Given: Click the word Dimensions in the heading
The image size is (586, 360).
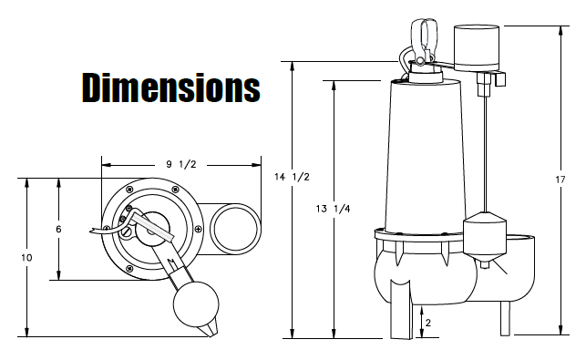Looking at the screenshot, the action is pyautogui.click(x=170, y=87).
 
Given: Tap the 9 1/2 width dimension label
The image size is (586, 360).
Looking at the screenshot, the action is pyautogui.click(x=181, y=164).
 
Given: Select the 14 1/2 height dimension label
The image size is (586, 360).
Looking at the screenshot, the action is pyautogui.click(x=292, y=177).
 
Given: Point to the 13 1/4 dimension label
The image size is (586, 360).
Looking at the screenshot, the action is pyautogui.click(x=333, y=209).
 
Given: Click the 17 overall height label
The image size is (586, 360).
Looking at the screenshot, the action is pyautogui.click(x=560, y=180).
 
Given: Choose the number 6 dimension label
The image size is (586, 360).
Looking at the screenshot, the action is pyautogui.click(x=58, y=229).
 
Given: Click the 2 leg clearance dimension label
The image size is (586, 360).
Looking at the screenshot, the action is pyautogui.click(x=428, y=323).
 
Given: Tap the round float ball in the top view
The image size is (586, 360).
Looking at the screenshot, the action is pyautogui.click(x=196, y=303).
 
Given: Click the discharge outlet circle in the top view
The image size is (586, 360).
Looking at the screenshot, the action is pyautogui.click(x=235, y=229).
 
